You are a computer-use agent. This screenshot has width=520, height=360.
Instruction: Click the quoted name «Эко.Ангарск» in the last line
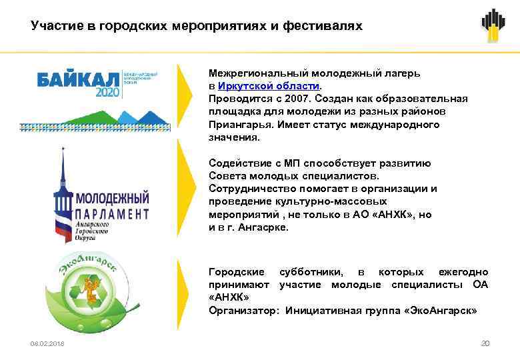441,310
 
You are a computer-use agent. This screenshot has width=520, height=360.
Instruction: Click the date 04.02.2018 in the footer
47,343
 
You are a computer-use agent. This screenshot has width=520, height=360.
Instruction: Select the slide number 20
485,343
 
